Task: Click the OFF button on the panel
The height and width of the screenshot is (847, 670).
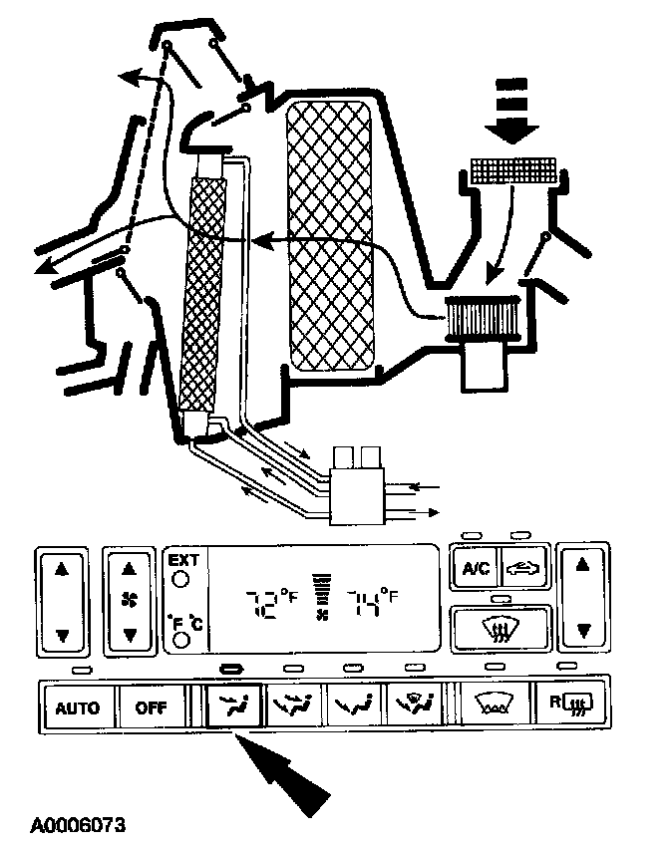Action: pyautogui.click(x=152, y=709)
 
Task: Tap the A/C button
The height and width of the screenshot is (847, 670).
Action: pyautogui.click(x=475, y=569)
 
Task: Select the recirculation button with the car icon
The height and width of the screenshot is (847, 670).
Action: pyautogui.click(x=524, y=569)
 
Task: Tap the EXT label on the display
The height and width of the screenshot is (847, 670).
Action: pyautogui.click(x=183, y=560)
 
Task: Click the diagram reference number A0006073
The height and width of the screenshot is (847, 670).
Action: pyautogui.click(x=78, y=825)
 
